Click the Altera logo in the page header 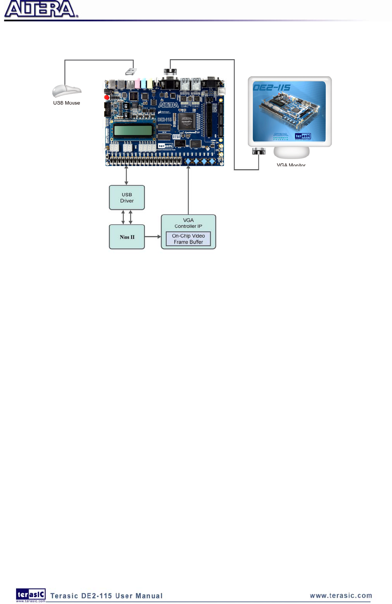pyautogui.click(x=40, y=9)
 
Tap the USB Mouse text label pyautogui.click(x=66, y=103)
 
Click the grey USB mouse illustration pyautogui.click(x=66, y=91)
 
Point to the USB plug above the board pyautogui.click(x=131, y=72)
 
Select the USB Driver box pyautogui.click(x=127, y=197)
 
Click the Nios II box pyautogui.click(x=127, y=237)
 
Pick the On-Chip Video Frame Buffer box pyautogui.click(x=188, y=239)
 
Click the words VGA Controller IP pyautogui.click(x=188, y=223)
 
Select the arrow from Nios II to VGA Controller pyautogui.click(x=153, y=237)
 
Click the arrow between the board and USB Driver pyautogui.click(x=126, y=176)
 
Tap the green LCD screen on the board pyautogui.click(x=133, y=130)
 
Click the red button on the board pyautogui.click(x=107, y=97)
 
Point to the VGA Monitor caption pyautogui.click(x=291, y=165)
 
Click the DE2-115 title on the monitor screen pyautogui.click(x=272, y=87)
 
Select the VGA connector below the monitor pyautogui.click(x=259, y=151)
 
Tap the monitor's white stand pyautogui.click(x=291, y=153)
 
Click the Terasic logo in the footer pyautogui.click(x=31, y=594)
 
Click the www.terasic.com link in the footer pyautogui.click(x=341, y=596)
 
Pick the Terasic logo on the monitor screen pyautogui.click(x=303, y=136)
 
